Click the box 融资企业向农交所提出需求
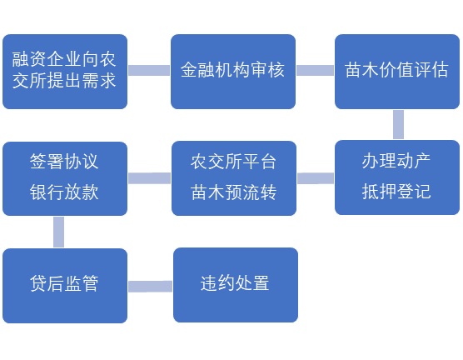pos(65,72)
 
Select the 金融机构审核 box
pos(233,72)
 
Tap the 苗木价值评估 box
pos(397,72)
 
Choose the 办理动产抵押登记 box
pos(397,177)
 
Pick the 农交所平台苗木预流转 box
pos(234,178)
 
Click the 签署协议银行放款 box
pos(65,178)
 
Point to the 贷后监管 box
pos(65,286)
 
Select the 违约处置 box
pos(236,285)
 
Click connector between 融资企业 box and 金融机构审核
pos(149,70)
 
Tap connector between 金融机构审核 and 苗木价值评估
pos(315,70)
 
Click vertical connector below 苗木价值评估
pos(398,124)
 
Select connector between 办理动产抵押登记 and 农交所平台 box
pos(316,178)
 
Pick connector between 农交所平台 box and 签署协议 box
pos(149,178)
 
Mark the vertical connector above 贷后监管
pos(58,232)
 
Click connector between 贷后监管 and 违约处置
pos(150,286)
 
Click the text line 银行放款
pos(64,192)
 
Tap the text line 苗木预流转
pos(233,192)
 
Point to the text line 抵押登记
pos(396,191)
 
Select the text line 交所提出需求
pos(64,80)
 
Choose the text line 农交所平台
pos(233,162)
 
